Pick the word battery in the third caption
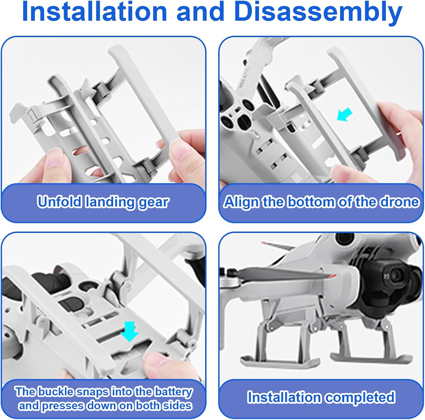point(174,393)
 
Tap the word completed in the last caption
point(359,398)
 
